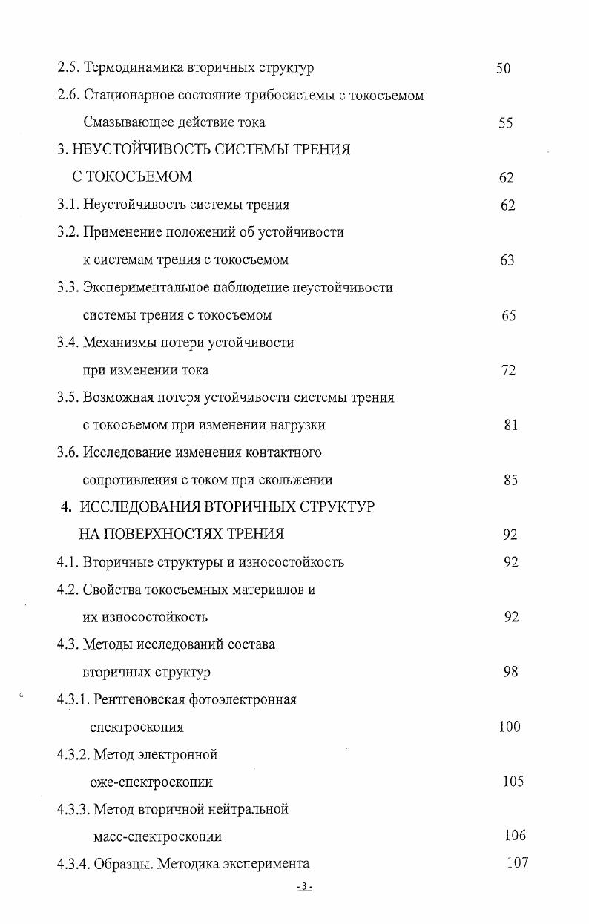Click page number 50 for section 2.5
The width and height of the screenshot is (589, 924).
click(503, 69)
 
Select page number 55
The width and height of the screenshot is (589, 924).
click(505, 123)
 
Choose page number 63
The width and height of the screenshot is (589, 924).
click(507, 260)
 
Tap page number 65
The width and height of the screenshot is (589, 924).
click(508, 315)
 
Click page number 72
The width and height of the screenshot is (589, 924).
click(508, 370)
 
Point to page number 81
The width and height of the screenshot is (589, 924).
click(510, 425)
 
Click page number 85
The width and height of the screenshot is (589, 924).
click(510, 480)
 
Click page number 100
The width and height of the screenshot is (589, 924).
click(510, 727)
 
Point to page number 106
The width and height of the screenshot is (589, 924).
click(515, 836)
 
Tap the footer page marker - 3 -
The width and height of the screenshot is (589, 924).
click(304, 887)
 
